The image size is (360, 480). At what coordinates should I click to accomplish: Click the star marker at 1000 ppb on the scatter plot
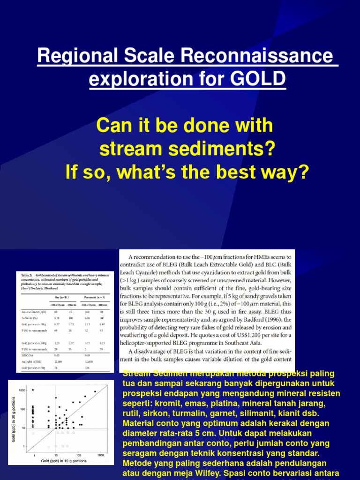(x=33, y=390)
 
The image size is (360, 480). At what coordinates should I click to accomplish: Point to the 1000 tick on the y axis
(x=22, y=390)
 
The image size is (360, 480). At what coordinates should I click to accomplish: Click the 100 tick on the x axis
(x=79, y=455)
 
